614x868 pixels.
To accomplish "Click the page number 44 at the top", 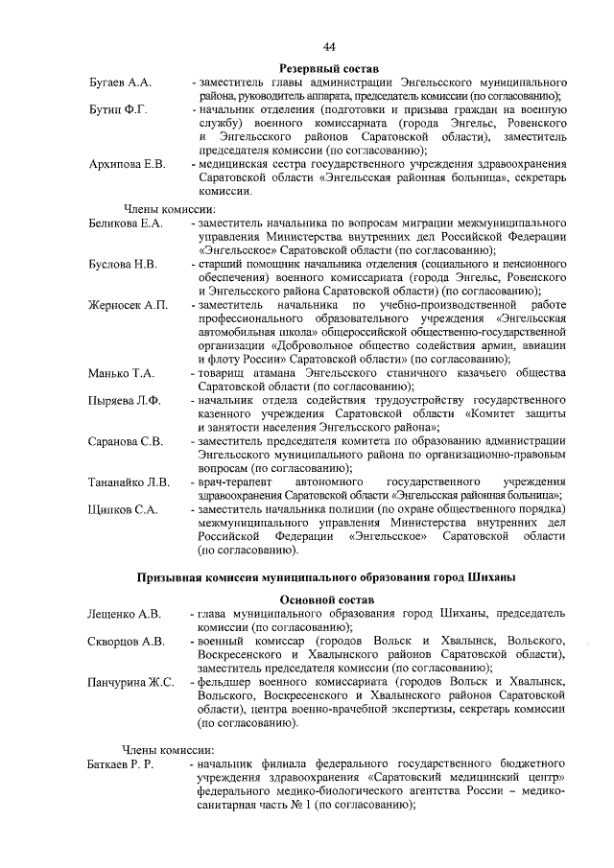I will point(329,47).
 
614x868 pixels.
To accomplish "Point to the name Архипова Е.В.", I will point(128,165).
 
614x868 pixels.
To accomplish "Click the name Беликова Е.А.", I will point(127,223).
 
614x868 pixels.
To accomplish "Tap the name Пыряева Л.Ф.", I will point(125,400).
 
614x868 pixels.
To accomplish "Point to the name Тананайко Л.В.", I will point(130,481).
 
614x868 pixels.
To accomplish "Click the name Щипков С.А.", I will point(123,509).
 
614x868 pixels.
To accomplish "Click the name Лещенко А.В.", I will point(125,613).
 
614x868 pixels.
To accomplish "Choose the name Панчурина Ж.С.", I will point(130,681).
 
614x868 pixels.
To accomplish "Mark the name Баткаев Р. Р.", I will point(127,764).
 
